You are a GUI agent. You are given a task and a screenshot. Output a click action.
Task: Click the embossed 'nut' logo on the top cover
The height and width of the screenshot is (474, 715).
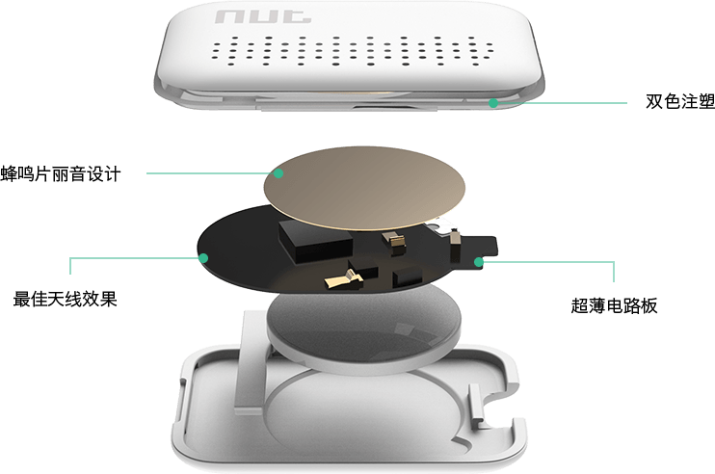click(x=263, y=17)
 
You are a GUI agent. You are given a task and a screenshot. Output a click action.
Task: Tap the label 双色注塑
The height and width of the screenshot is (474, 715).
click(x=680, y=101)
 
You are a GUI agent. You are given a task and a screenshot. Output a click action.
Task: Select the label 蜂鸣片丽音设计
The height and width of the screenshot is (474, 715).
click(x=61, y=174)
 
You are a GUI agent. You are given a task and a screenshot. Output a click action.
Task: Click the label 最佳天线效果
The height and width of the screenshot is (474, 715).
click(x=65, y=299)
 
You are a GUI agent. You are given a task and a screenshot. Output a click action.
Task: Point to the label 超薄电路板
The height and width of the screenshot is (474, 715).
click(x=614, y=305)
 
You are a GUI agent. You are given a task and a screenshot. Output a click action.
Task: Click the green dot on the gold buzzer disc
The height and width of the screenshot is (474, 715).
click(x=278, y=173)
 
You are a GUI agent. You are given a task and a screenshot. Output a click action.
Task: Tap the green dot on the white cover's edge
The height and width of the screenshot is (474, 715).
click(x=493, y=103)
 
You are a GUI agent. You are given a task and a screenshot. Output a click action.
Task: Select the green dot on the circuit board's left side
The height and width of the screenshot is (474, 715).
click(x=203, y=258)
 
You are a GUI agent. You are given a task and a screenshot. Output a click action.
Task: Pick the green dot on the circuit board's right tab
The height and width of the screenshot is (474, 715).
click(x=478, y=262)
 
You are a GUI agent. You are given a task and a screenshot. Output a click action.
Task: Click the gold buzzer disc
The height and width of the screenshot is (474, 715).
click(x=365, y=188)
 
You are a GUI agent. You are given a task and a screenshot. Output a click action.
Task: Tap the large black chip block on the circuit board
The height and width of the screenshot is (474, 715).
click(x=315, y=242)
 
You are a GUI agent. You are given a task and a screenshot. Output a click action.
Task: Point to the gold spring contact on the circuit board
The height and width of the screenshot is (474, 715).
click(x=344, y=279)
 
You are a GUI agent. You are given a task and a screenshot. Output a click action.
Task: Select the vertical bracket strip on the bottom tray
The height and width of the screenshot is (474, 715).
click(x=251, y=362)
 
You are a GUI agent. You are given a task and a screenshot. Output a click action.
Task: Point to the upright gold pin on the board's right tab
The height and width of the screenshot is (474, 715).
click(x=455, y=247)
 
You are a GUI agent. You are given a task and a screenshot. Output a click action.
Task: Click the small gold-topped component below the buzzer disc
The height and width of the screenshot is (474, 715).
click(x=394, y=243)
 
